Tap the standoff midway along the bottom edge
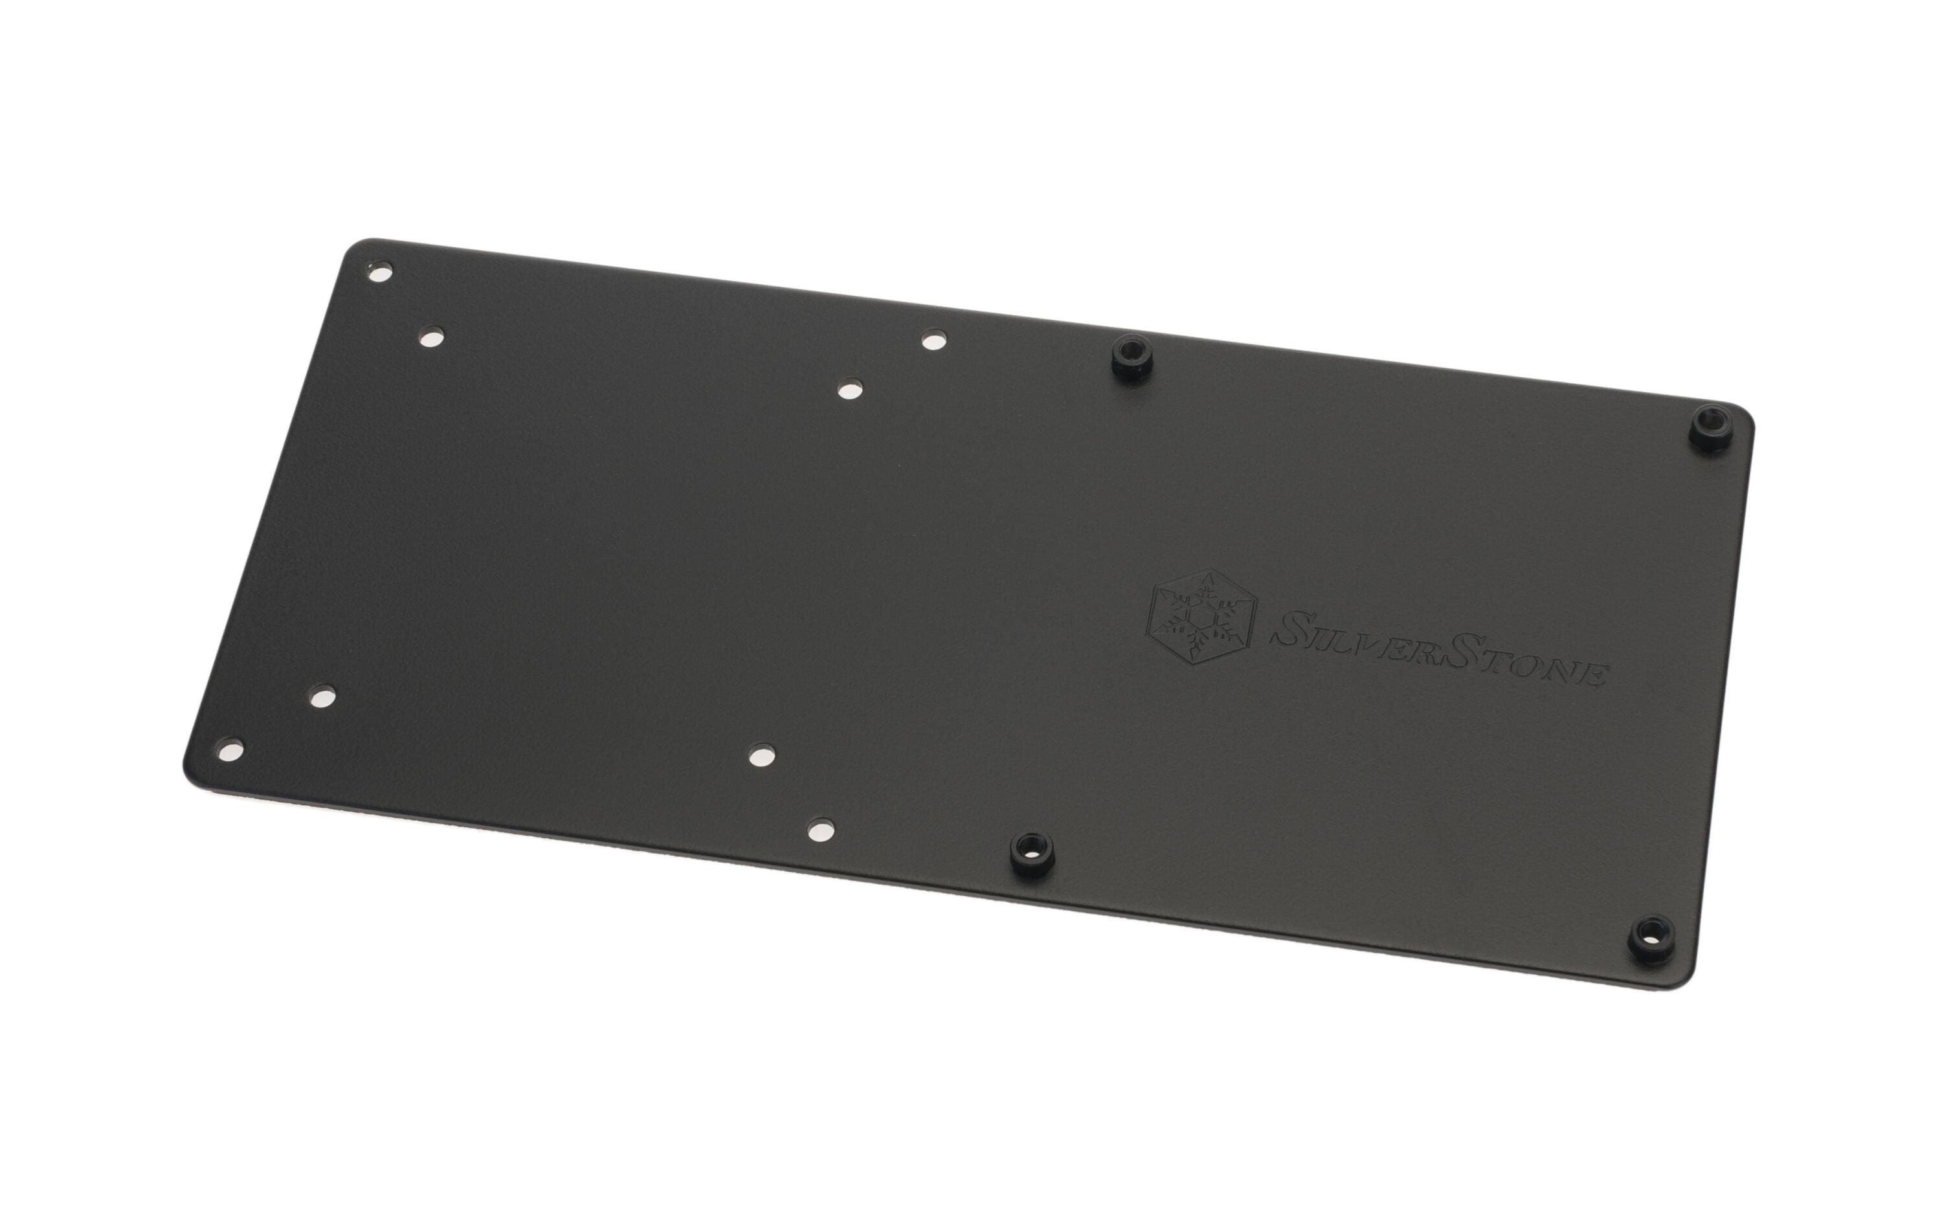tap(1030, 849)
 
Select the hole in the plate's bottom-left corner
tap(232, 750)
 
